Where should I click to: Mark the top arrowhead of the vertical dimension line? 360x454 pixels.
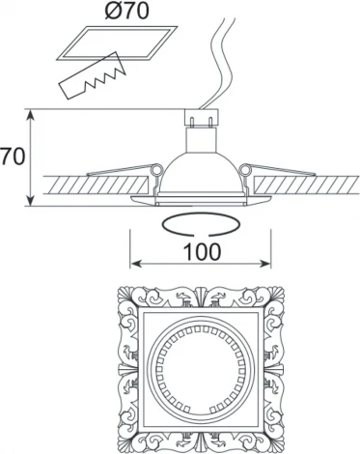36,114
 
